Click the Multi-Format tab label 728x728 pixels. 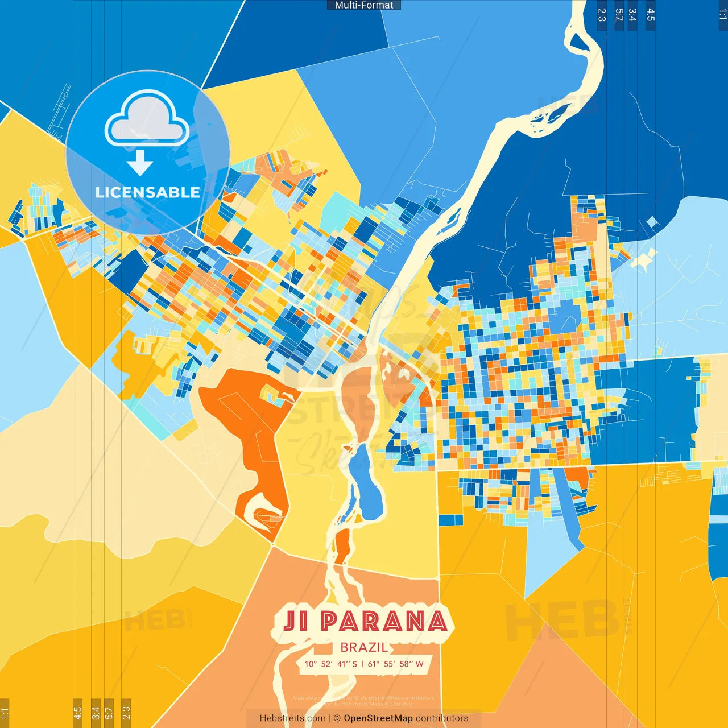coord(364,5)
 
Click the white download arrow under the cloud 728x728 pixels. coord(140,163)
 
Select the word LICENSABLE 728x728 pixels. coord(147,192)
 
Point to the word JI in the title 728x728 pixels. coord(295,621)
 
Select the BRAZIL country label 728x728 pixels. coord(364,647)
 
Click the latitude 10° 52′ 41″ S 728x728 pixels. coord(331,664)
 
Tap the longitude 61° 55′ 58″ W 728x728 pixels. coord(396,664)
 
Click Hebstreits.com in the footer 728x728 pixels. coord(292,718)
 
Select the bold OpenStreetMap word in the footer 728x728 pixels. coord(378,718)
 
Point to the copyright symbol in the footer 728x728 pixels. coord(337,718)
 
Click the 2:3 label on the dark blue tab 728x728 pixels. coord(602,15)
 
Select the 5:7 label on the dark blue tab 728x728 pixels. coord(619,15)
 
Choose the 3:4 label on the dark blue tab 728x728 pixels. coord(632,15)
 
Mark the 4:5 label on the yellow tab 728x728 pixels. coord(77,713)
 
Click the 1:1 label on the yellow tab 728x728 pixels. coord(5,713)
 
